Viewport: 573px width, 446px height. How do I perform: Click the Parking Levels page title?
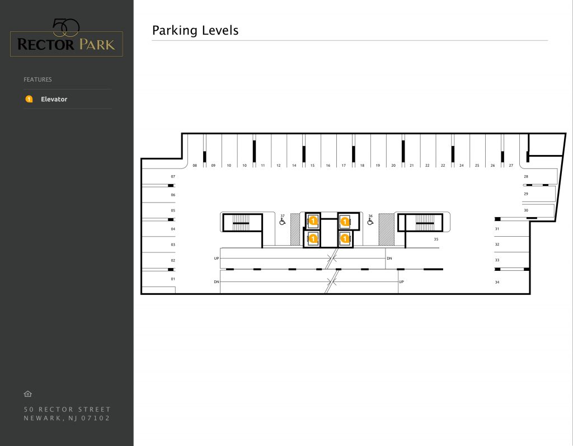click(195, 30)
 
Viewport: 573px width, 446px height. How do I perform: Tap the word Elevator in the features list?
click(54, 99)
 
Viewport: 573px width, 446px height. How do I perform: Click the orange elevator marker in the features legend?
click(29, 99)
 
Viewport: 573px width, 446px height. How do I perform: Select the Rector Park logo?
click(66, 39)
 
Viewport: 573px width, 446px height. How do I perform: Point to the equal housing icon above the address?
click(28, 394)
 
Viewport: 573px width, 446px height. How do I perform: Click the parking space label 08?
click(195, 166)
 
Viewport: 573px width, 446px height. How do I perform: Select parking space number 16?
click(328, 166)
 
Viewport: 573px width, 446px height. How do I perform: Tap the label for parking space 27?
click(511, 166)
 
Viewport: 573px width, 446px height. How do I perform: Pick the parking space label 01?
click(173, 279)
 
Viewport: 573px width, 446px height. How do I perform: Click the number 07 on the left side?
click(173, 176)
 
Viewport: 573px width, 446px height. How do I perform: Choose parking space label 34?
click(497, 282)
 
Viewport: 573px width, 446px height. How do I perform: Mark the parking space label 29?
click(526, 194)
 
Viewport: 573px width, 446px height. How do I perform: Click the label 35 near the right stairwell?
click(436, 239)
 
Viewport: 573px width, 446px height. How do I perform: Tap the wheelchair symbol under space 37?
click(283, 222)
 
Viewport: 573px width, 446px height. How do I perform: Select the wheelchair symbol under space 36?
click(370, 222)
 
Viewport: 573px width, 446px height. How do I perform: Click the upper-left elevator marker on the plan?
click(313, 222)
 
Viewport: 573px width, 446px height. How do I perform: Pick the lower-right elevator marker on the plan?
click(345, 239)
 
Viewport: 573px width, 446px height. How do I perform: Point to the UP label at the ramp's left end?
click(217, 259)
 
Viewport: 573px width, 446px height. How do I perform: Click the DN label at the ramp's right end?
click(389, 259)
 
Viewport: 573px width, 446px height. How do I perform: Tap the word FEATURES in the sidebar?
click(37, 79)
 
